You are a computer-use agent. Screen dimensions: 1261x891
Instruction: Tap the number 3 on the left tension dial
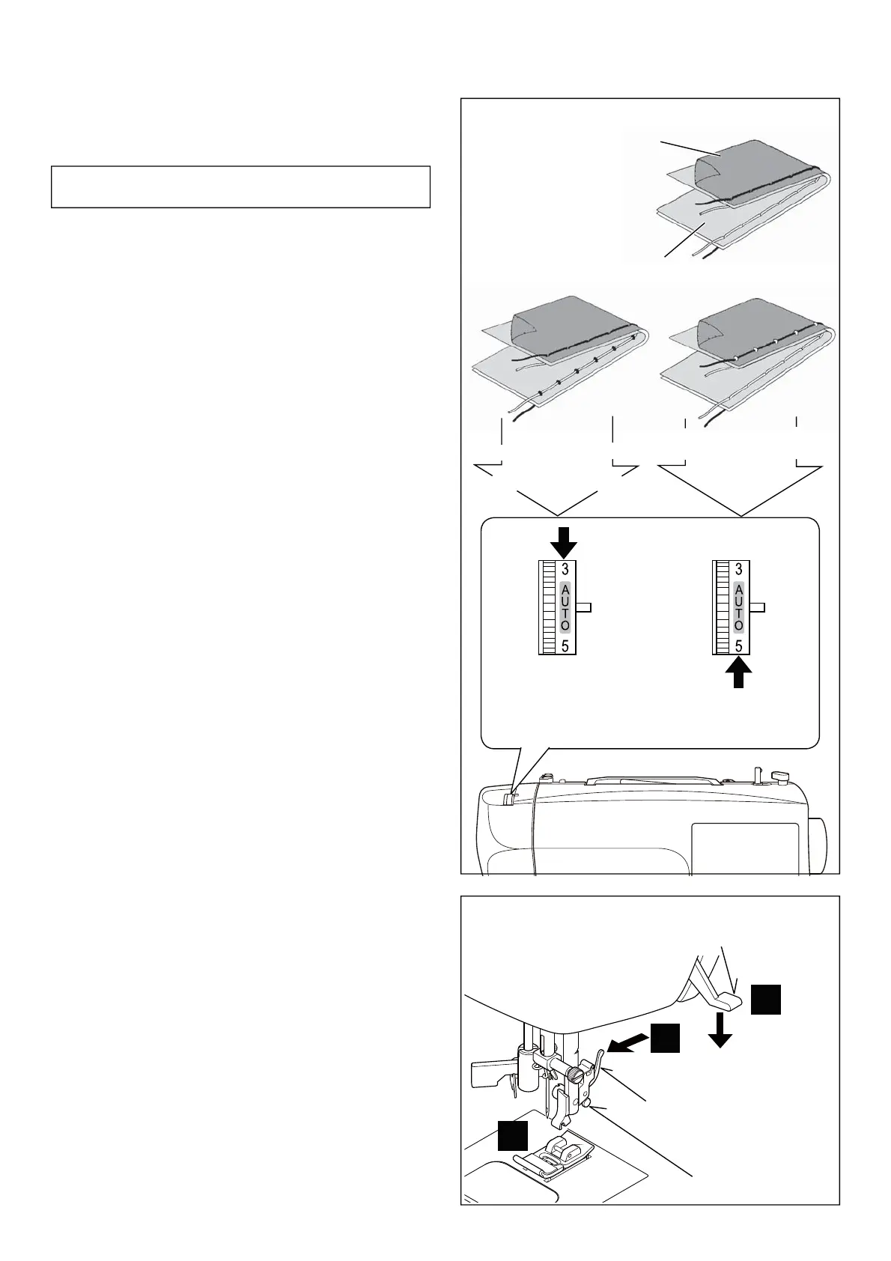click(x=565, y=569)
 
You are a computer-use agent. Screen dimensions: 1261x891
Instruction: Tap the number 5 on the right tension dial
click(x=739, y=646)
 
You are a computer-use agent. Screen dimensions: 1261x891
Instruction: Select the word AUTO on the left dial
click(x=565, y=607)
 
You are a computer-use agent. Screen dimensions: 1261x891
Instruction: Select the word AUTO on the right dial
click(x=739, y=607)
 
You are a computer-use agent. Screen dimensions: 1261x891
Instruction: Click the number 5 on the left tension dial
click(x=565, y=646)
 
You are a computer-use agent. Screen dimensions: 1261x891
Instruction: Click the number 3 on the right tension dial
click(x=739, y=569)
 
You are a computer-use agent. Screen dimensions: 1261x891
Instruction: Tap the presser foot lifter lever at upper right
click(x=723, y=997)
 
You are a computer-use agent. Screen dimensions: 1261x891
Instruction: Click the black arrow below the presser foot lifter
click(x=720, y=1030)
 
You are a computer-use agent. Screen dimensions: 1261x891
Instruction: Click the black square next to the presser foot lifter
click(x=766, y=1000)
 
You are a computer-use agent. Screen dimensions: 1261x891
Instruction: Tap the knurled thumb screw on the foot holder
click(x=573, y=1075)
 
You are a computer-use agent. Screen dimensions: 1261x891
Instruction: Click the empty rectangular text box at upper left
click(x=240, y=186)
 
